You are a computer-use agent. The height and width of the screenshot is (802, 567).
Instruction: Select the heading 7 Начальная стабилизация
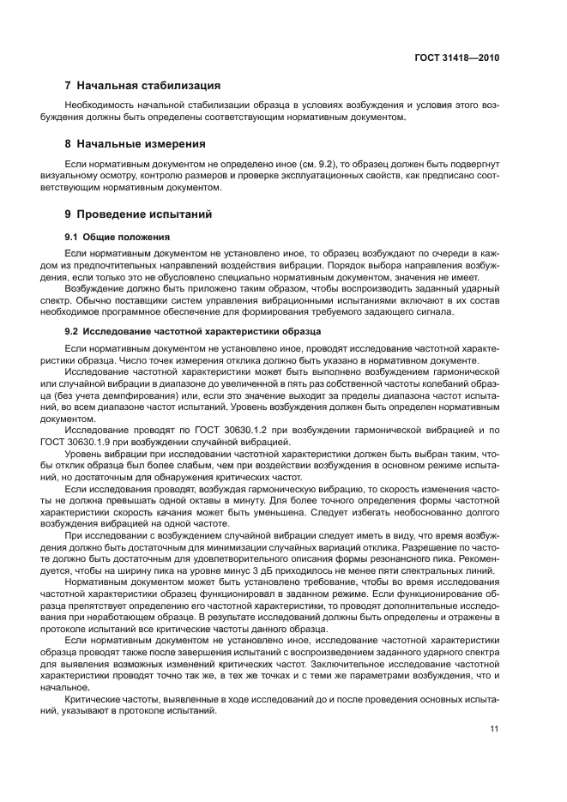coord(143,86)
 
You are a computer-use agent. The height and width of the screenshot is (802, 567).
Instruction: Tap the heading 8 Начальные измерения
coord(136,143)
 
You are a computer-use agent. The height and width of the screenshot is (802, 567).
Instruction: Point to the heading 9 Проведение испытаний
coord(138,214)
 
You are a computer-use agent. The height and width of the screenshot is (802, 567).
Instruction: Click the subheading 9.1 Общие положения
coord(118,236)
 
